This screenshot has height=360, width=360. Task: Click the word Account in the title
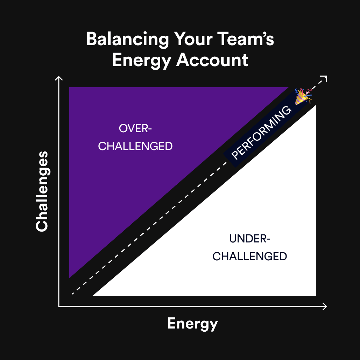(x=212, y=60)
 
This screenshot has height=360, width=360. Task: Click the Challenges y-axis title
(x=42, y=191)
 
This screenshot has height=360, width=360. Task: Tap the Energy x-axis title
(x=192, y=323)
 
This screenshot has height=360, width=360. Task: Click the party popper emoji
(x=303, y=96)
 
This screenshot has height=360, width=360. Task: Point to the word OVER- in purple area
(x=135, y=128)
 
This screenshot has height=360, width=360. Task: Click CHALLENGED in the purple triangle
(x=135, y=146)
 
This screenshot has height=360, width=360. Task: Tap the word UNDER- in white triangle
(x=250, y=239)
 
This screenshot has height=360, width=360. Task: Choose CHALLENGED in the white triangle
(x=250, y=256)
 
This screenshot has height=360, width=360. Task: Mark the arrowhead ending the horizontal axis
(x=325, y=306)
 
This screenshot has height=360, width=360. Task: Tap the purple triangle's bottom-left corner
(x=70, y=277)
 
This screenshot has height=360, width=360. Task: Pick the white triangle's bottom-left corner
(x=93, y=296)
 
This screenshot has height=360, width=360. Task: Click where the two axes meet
(x=59, y=306)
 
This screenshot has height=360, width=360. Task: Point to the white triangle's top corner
(x=315, y=106)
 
